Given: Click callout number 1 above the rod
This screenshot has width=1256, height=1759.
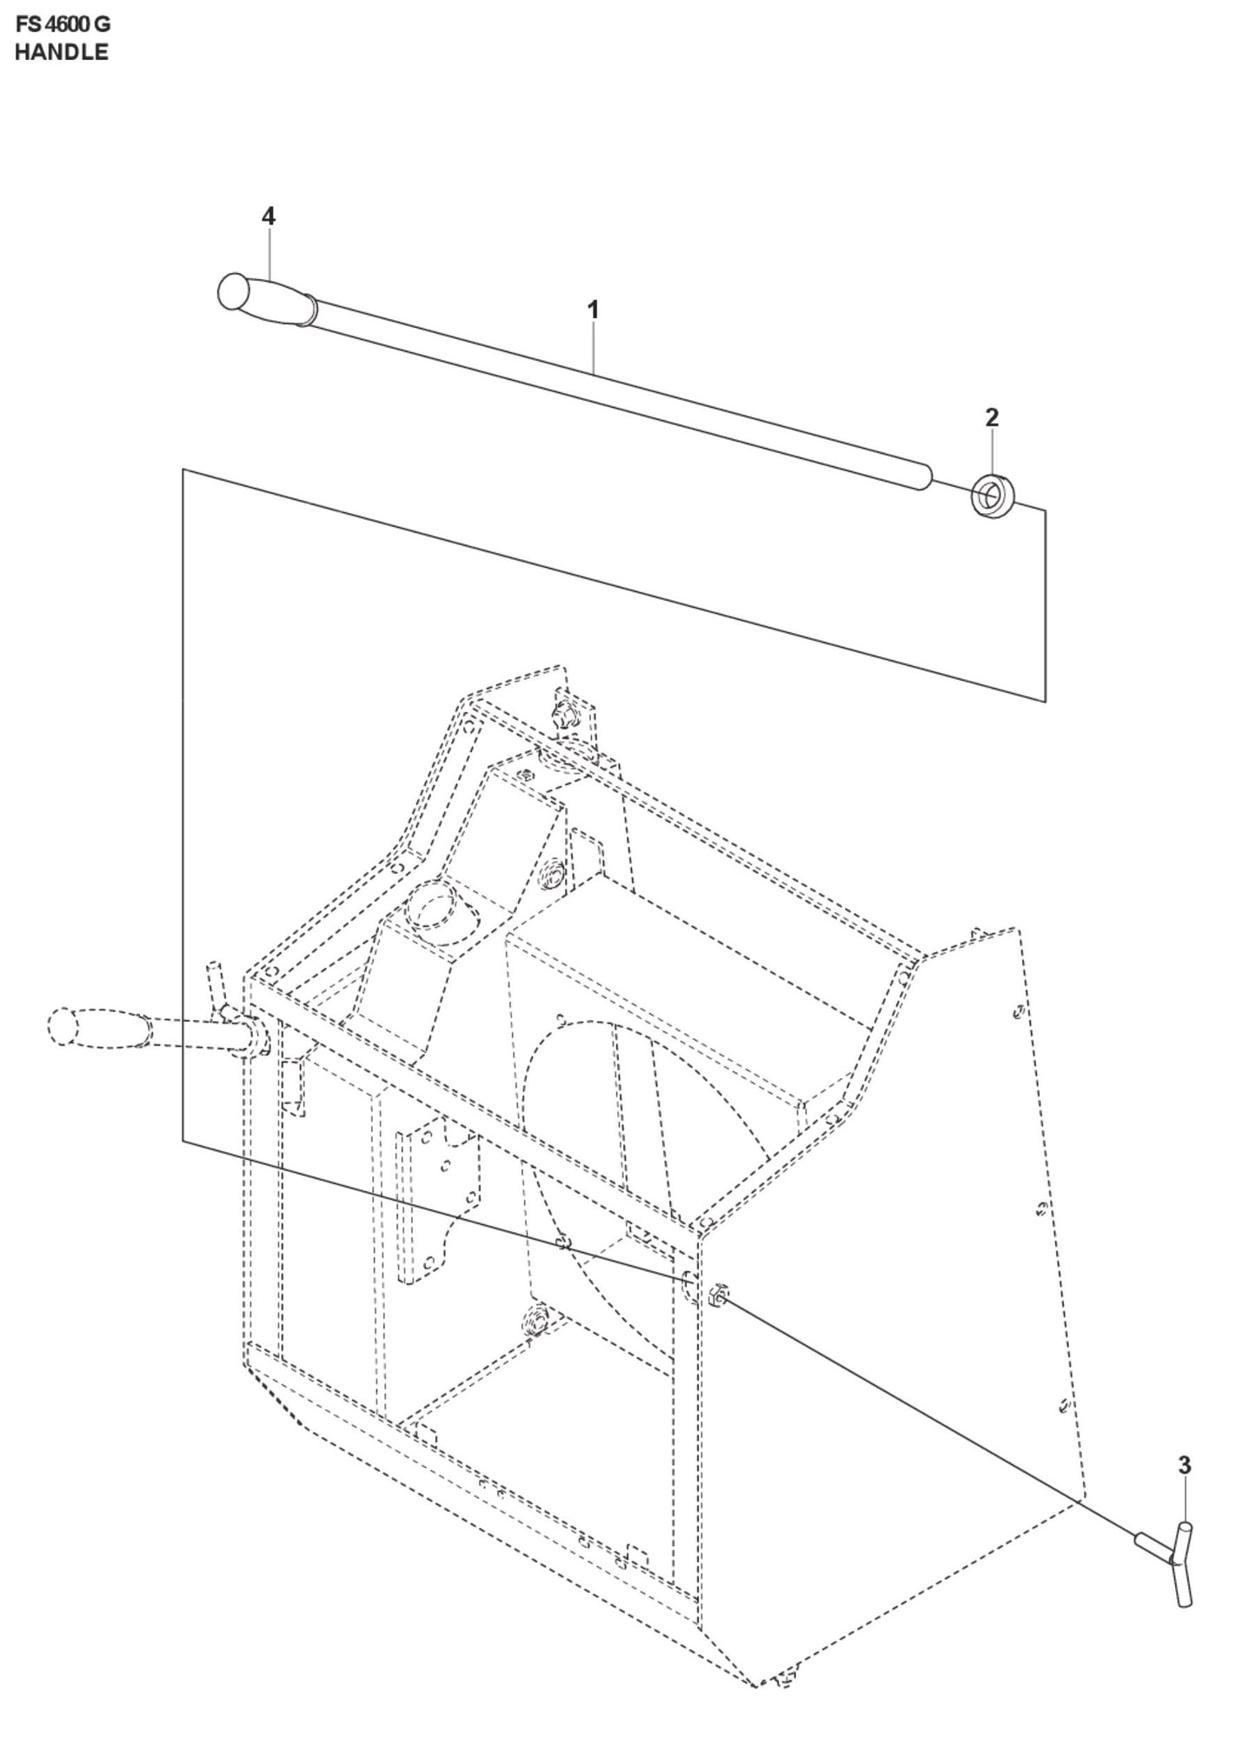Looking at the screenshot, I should (x=594, y=310).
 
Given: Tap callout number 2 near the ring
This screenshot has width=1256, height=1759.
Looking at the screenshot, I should (x=992, y=417).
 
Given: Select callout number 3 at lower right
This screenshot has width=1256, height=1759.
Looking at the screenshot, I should (x=1184, y=1466).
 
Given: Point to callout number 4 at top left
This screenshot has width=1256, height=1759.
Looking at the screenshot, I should (x=269, y=216).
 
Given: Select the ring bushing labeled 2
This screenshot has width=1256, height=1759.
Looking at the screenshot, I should (x=993, y=498).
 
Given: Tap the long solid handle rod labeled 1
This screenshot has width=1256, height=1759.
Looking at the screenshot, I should (x=608, y=391).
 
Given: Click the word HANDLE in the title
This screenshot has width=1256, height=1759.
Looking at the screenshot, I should (x=61, y=52).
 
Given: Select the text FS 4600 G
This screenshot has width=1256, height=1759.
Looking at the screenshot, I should (x=63, y=24).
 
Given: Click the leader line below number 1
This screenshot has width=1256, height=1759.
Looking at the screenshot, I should (x=594, y=348).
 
